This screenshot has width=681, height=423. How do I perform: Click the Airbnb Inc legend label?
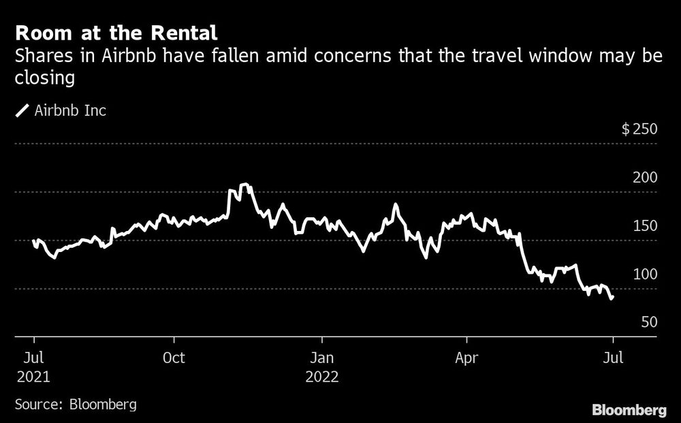(70, 110)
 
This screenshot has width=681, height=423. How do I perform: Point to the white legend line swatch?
(22, 110)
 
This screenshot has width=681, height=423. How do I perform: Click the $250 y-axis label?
(639, 129)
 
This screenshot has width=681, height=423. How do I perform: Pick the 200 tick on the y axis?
(645, 178)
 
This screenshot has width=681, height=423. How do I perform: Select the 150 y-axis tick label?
(645, 226)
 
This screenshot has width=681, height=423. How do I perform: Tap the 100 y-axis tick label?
(645, 274)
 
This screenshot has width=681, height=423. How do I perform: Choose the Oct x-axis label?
(175, 358)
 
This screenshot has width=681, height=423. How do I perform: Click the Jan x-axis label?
(322, 358)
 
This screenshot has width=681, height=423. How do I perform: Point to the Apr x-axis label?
(467, 358)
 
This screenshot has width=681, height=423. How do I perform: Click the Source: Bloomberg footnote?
(75, 404)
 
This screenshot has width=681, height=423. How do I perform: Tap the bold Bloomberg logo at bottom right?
(629, 409)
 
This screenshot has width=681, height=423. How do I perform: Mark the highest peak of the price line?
(245, 185)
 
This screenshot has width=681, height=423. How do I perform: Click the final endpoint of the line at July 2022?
(612, 298)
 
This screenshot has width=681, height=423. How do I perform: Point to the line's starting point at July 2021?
(33, 240)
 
